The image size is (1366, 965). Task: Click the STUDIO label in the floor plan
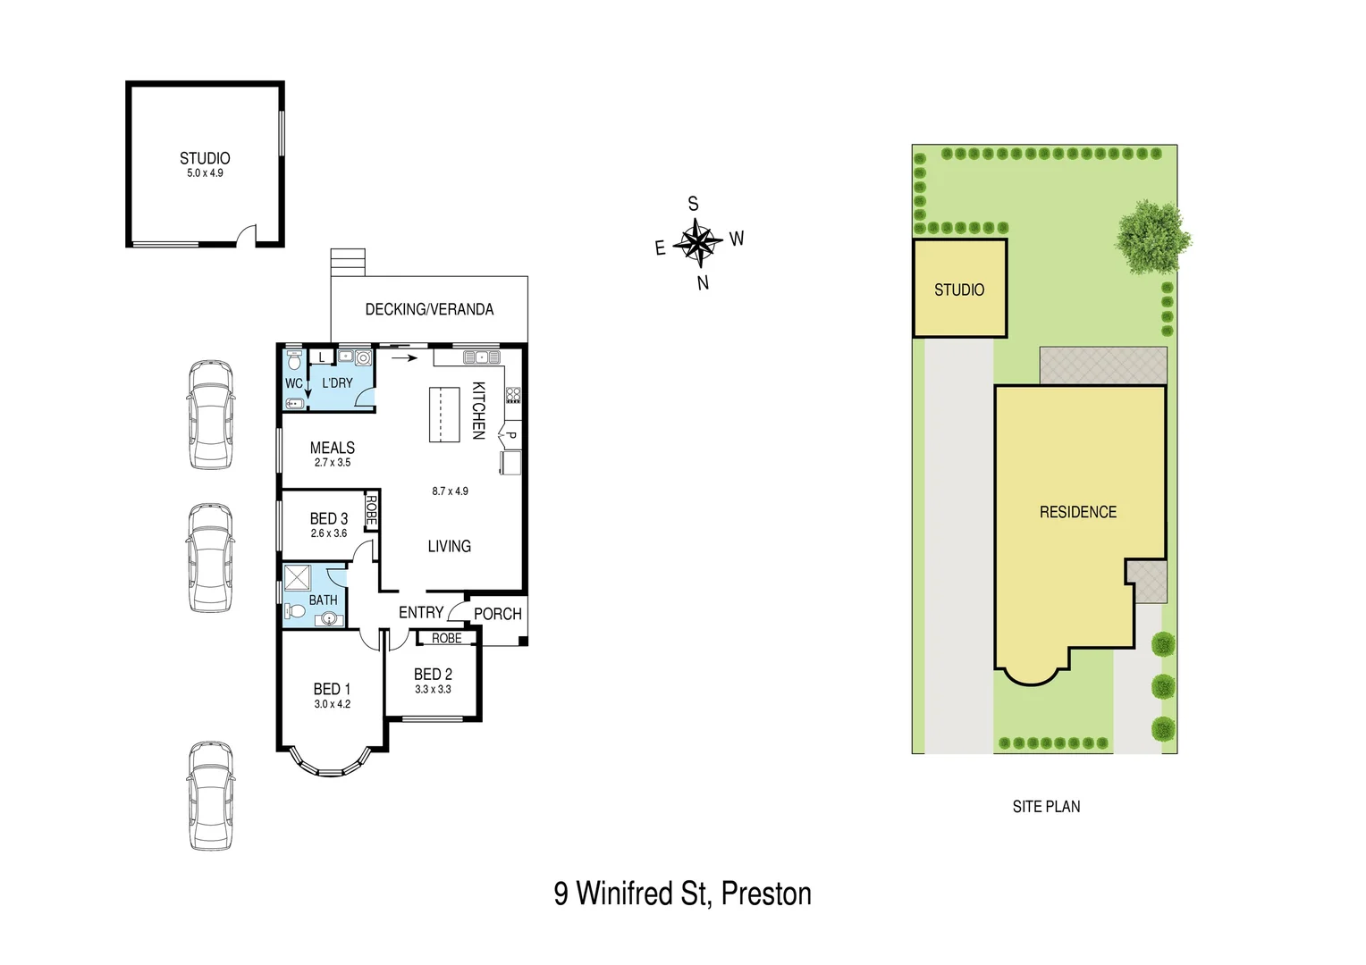pos(205,158)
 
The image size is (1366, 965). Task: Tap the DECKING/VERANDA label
pos(429,309)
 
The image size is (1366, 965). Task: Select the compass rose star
pos(697,242)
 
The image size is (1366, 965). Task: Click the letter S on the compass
pos(693,205)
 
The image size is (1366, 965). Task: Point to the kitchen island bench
pos(444,415)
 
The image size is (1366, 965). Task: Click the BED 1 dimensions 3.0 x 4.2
pos(332,704)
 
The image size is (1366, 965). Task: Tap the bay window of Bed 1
pos(332,765)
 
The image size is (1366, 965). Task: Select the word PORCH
pos(497,614)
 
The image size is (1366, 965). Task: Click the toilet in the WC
pos(294,362)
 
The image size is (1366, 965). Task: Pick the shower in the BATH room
pos(297,577)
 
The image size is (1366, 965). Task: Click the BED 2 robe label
pos(447,638)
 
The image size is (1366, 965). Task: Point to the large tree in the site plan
pos(1152,237)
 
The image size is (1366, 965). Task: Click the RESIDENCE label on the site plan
pos(1078,512)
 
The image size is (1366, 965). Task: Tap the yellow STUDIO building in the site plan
pos(959,289)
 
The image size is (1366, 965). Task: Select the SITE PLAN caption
pos(1046,807)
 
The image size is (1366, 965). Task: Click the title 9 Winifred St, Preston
pos(682,894)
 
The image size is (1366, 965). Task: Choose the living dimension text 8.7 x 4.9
pos(450,491)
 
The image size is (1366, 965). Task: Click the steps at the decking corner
pos(348,262)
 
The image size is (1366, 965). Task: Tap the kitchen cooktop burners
pos(513,395)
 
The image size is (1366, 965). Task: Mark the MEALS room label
pos(332,448)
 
